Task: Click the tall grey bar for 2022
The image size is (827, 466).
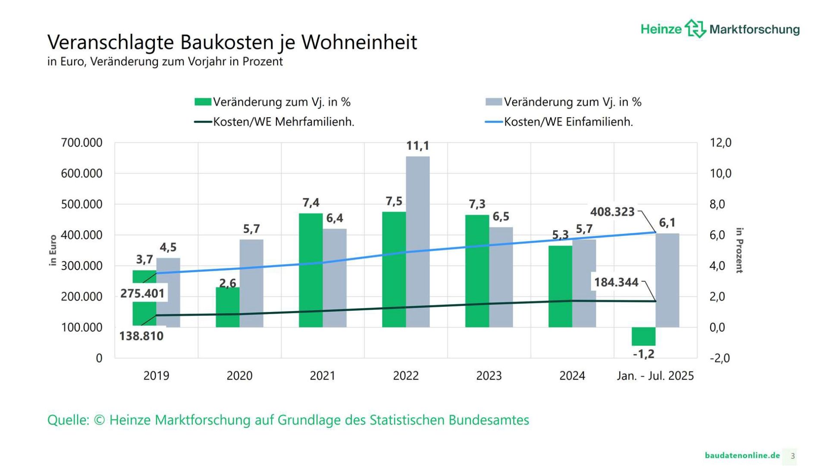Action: tap(417, 242)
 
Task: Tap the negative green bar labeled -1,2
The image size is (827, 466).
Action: tap(643, 336)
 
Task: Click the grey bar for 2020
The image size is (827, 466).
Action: tap(251, 283)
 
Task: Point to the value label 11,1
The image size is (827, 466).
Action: tap(417, 146)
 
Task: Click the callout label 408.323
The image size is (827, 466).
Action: tap(612, 212)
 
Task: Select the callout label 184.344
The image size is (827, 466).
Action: tap(616, 282)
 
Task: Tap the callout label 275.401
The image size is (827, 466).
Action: tap(142, 293)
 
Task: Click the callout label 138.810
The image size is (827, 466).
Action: tap(141, 336)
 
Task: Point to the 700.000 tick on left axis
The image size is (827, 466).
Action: tap(82, 142)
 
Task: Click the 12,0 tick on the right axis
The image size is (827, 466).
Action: tap(720, 142)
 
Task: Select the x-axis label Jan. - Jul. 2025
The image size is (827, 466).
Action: tap(655, 376)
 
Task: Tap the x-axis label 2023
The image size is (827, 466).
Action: tap(489, 376)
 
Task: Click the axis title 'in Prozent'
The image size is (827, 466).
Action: tap(739, 250)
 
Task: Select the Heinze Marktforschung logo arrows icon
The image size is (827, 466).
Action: tap(695, 28)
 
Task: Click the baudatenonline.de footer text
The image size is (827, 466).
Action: tap(742, 455)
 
